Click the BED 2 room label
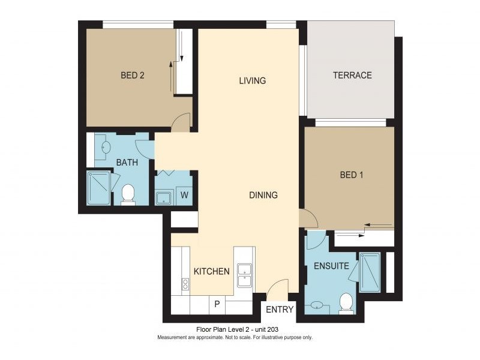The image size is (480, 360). pos(133,76)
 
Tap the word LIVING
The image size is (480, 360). pos(252,80)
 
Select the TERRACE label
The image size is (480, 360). pos(353,76)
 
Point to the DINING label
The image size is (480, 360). pos(263,195)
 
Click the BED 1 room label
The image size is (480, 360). pos(352,175)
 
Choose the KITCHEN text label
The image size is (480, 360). pos(211,271)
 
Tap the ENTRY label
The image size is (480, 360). pos(280,310)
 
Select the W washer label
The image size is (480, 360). pos(185,195)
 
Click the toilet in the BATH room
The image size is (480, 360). pos(128,194)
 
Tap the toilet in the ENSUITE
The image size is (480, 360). pos(346,302)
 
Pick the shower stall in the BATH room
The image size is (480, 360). pos(99,188)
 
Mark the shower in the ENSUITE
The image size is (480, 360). pos(370,272)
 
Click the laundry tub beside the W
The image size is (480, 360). pos(163,196)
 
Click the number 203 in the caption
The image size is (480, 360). pos(271,329)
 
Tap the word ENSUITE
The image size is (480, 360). pos(331,266)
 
